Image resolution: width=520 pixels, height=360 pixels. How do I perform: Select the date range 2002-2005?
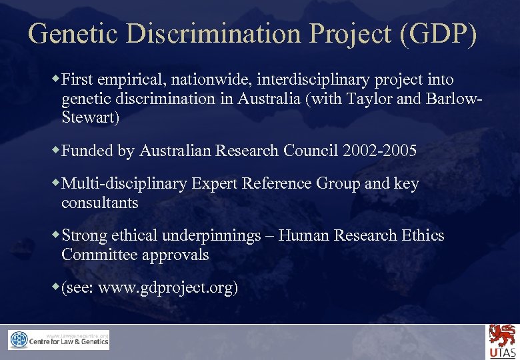pos(379,151)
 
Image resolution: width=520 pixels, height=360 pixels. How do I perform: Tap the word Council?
pos(312,151)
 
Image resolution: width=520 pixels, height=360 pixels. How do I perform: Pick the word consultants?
pos(100,202)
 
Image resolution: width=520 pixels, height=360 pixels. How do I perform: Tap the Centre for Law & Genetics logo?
pos(59,340)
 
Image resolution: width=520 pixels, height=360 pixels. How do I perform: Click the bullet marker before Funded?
pos(56,149)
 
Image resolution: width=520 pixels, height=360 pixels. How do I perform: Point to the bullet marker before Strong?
pos(56,234)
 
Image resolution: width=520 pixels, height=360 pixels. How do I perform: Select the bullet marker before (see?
pos(56,286)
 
